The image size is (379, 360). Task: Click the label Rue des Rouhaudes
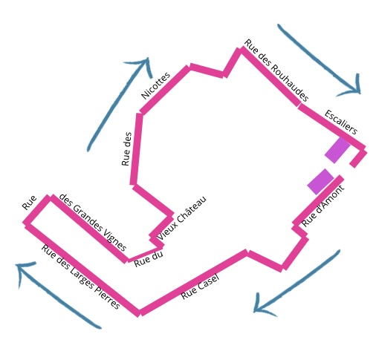276,71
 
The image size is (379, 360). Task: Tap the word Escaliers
341,122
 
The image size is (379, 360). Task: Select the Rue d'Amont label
323,206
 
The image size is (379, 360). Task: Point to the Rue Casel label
200,287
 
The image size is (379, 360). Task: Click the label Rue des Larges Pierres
80,277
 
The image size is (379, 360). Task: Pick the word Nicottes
155,85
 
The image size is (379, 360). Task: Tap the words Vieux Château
181,218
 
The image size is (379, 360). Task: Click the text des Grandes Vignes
93,223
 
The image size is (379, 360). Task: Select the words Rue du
149,260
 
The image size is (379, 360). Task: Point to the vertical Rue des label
126,149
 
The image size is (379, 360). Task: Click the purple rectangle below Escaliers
337,150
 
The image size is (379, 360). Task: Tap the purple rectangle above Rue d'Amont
321,182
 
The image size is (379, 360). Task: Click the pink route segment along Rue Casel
193,282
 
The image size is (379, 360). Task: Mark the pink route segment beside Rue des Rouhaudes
270,77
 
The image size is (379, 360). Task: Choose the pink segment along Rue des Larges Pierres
82,269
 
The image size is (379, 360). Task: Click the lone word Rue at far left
29,203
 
